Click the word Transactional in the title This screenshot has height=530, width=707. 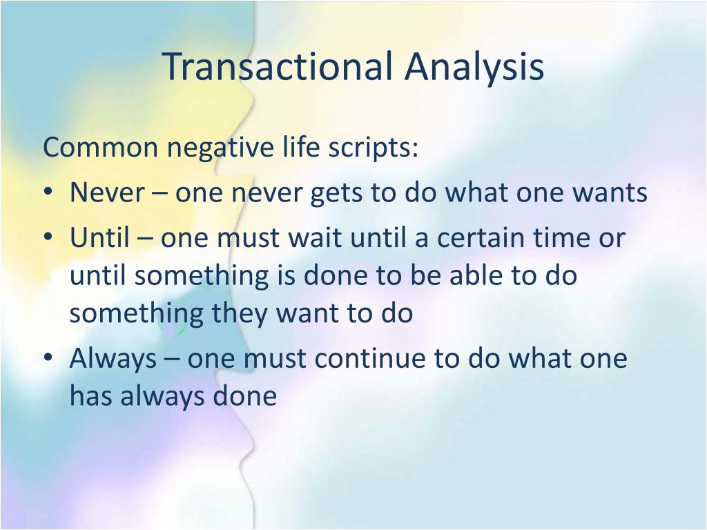pyautogui.click(x=278, y=67)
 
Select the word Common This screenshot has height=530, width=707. pyautogui.click(x=101, y=148)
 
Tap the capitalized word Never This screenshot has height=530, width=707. pyautogui.click(x=107, y=192)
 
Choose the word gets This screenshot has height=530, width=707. pyautogui.click(x=337, y=195)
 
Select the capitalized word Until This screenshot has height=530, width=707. pyautogui.click(x=99, y=237)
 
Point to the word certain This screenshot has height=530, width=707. pyautogui.click(x=481, y=237)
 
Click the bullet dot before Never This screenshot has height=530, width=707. pyautogui.click(x=48, y=192)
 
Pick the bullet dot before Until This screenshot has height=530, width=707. pyautogui.click(x=48, y=237)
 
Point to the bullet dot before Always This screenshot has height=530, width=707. pyautogui.click(x=48, y=358)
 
